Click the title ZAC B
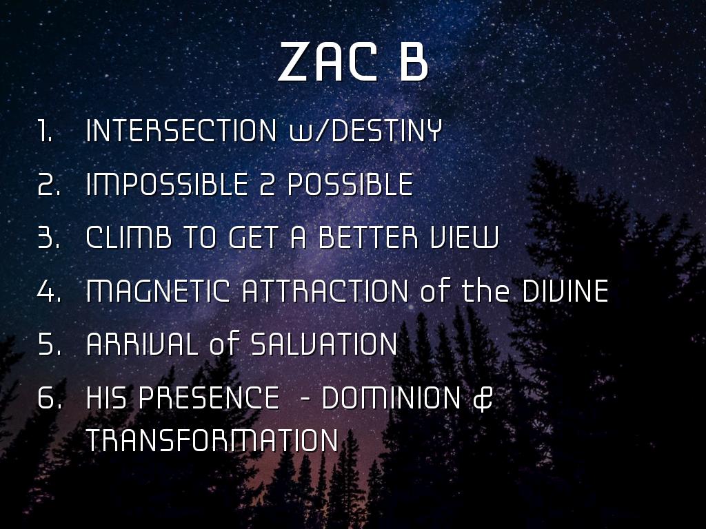[352, 61]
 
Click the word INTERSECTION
[181, 130]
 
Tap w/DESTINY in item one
[365, 131]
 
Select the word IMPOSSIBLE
[167, 184]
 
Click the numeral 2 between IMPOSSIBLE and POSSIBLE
[267, 184]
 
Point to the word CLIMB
[129, 237]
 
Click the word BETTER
[368, 237]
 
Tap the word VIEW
[464, 237]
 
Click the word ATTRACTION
[325, 291]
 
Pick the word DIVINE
[565, 291]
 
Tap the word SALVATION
[323, 344]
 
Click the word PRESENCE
[208, 397]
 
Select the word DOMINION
[392, 397]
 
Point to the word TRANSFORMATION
[212, 440]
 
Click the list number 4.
[49, 291]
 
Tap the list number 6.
[49, 397]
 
